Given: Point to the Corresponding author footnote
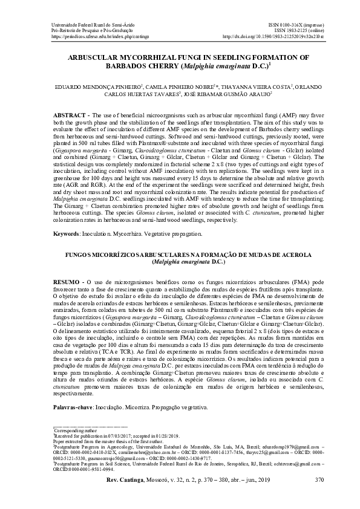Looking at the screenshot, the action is click(x=74, y=430).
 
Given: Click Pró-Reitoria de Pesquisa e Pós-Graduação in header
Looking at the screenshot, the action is click(x=83, y=30).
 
